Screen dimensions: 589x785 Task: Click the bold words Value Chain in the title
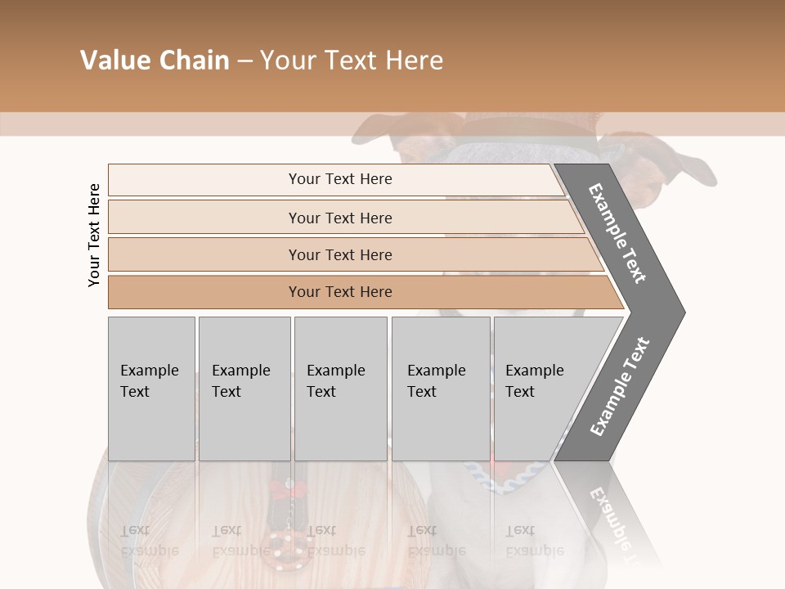(155, 61)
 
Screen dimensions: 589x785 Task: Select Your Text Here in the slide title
(352, 61)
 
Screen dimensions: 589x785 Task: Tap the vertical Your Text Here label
(94, 235)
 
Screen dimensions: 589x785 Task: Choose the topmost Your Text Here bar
(340, 179)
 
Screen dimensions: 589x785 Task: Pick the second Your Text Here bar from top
(340, 218)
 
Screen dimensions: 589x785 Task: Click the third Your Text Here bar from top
(340, 254)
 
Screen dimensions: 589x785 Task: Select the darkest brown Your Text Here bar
(340, 292)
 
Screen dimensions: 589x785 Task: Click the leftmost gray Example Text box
(151, 388)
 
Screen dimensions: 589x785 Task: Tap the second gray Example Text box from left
(244, 388)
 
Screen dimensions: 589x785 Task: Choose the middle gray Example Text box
(340, 388)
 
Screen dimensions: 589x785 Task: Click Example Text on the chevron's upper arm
(617, 233)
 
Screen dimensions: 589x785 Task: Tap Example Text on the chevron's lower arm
(619, 387)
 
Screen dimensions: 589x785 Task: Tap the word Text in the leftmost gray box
(135, 392)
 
